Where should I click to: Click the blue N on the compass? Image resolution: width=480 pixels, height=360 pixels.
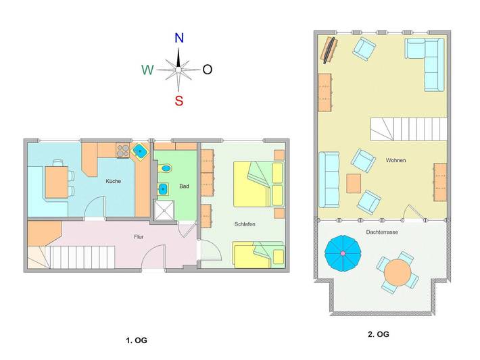coord(179,38)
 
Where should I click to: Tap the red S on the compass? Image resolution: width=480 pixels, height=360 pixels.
coord(178,101)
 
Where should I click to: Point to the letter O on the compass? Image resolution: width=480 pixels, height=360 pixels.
coord(208,70)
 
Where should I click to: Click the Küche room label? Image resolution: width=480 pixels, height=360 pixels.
coord(113,181)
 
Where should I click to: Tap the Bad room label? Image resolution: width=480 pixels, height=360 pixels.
coord(183,186)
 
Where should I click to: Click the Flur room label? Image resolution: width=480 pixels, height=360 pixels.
coord(139,236)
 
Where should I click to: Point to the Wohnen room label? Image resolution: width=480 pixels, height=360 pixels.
coord(396,161)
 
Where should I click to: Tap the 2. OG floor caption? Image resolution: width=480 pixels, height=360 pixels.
coord(378,334)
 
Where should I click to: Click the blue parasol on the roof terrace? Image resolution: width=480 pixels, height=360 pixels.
coord(343,253)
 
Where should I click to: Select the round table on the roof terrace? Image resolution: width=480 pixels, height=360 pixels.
coord(397,272)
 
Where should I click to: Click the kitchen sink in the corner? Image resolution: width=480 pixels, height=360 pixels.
coord(140,151)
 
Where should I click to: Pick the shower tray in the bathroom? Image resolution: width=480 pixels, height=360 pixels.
coord(163,211)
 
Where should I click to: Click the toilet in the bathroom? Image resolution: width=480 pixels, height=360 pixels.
coord(166,168)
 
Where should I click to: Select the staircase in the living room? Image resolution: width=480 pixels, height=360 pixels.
coord(409,128)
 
